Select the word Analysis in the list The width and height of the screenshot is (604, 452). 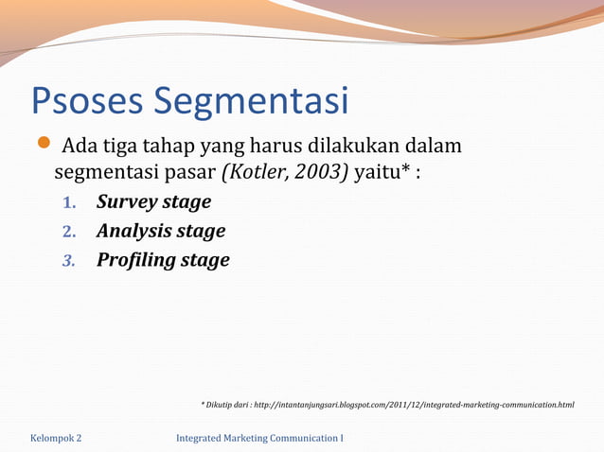tap(134, 231)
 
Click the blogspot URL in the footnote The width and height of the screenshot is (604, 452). tap(416, 405)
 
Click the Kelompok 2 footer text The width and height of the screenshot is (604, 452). tap(56, 438)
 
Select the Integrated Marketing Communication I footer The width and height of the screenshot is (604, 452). tap(260, 438)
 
